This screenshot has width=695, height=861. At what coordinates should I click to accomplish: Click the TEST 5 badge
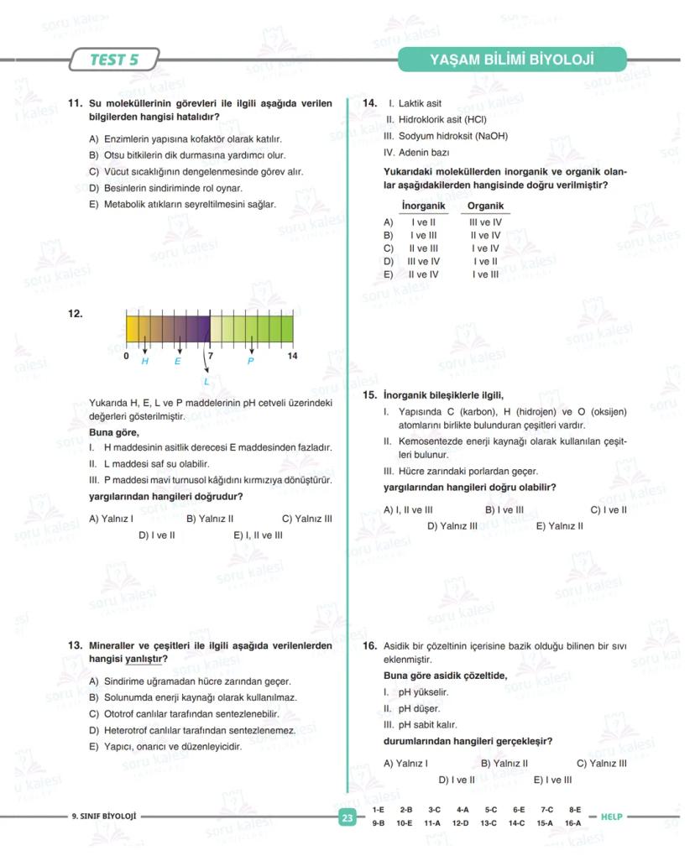113,60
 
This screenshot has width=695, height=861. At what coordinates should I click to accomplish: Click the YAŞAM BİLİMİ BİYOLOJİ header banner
511,60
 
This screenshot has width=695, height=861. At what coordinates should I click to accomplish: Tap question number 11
75,104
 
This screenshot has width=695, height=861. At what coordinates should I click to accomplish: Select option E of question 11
182,205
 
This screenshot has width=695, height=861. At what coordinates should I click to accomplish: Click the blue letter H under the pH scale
144,361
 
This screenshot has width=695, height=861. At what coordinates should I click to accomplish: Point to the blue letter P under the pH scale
250,361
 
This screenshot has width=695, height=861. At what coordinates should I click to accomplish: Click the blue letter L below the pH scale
206,382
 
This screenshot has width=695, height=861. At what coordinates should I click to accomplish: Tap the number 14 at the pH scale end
292,356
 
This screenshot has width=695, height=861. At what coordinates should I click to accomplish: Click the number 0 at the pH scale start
126,356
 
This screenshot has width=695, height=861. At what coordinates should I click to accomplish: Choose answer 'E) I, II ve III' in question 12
258,535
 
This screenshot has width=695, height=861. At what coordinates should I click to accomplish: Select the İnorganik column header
423,206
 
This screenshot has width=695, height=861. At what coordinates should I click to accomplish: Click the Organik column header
485,206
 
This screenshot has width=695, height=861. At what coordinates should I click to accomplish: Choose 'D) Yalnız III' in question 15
452,526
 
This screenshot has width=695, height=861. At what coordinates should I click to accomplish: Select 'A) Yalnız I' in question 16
405,764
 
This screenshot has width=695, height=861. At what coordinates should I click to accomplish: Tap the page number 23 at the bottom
347,817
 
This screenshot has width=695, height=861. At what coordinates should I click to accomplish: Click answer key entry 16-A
572,824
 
